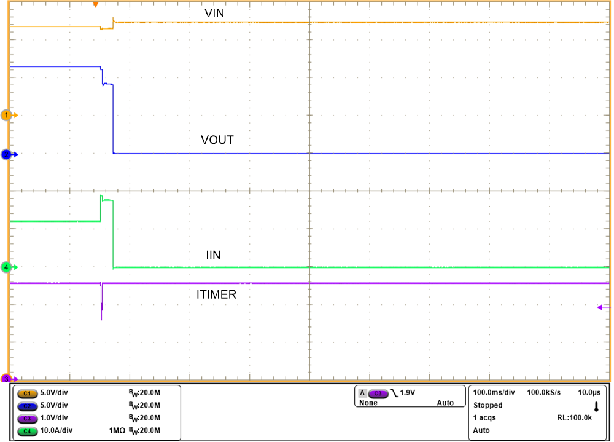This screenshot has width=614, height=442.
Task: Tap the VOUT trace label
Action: click(217, 140)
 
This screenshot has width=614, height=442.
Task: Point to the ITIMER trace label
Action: click(216, 295)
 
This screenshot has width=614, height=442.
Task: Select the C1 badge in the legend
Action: click(27, 392)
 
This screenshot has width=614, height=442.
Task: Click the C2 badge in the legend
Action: click(27, 405)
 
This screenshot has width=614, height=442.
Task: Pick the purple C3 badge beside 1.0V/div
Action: click(27, 418)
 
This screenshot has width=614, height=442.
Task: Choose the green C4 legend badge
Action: click(27, 431)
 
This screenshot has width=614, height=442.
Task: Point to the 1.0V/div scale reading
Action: click(54, 418)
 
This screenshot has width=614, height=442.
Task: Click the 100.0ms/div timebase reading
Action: click(494, 392)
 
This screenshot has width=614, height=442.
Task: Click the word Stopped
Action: click(488, 405)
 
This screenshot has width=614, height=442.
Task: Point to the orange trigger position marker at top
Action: click(95, 5)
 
